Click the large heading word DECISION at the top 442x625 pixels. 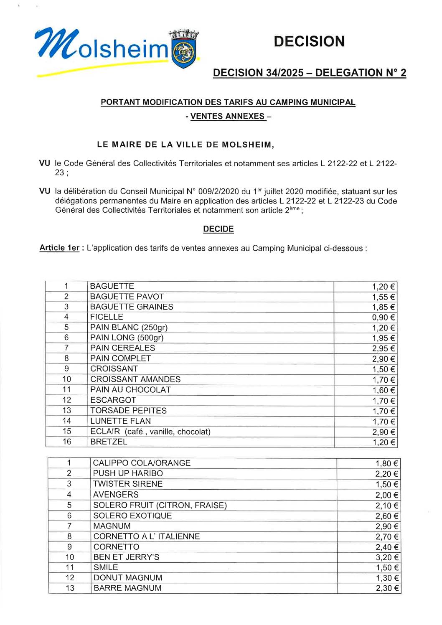[309, 41]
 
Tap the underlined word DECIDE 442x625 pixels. [218, 229]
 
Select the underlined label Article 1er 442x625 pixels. [59, 248]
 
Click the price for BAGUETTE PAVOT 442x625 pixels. [383, 297]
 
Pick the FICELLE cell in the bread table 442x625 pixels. [107, 317]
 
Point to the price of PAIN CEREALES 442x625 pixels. [383, 348]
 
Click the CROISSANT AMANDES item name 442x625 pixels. [135, 379]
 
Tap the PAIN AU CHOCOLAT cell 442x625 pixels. [130, 390]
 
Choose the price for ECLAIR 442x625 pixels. [383, 432]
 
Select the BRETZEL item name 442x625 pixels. [109, 442]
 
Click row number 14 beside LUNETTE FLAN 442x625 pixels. [67, 421]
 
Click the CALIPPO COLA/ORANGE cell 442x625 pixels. [142, 463]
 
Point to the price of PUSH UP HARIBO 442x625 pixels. [386, 474]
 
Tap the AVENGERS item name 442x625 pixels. [116, 495]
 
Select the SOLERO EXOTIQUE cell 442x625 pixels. [132, 516]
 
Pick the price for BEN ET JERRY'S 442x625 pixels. [386, 557]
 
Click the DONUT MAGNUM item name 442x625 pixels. [128, 578]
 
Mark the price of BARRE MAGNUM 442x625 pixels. [386, 588]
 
